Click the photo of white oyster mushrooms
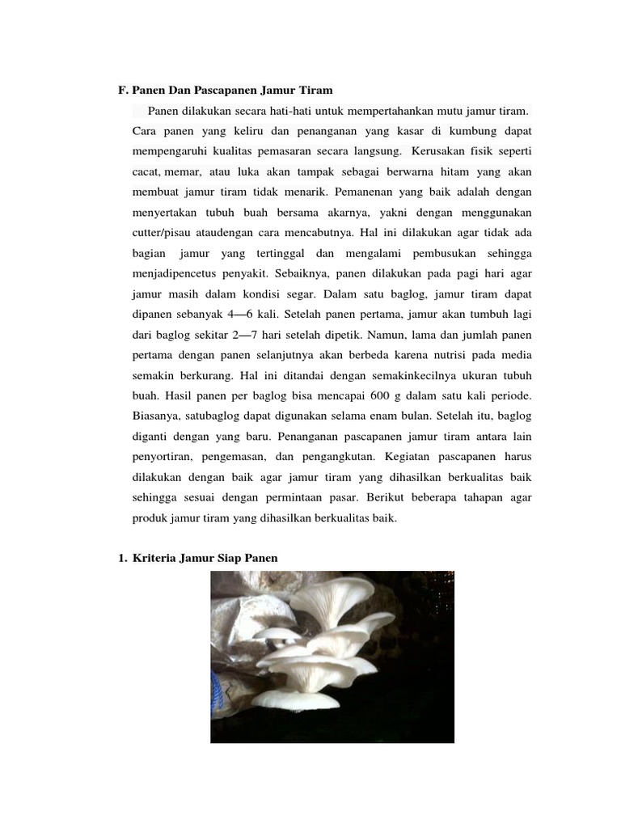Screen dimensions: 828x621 click(332, 655)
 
